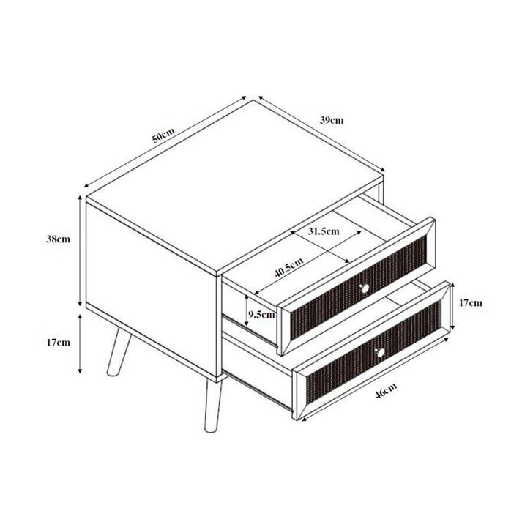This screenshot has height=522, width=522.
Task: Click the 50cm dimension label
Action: [x=163, y=135]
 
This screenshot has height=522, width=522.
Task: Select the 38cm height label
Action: [x=59, y=239]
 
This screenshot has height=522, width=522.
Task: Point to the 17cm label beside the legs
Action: [x=59, y=342]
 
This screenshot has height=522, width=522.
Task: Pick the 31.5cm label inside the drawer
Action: [x=323, y=231]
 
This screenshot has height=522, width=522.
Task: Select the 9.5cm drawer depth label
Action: [x=261, y=315]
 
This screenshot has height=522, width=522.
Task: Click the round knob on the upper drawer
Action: [x=364, y=288]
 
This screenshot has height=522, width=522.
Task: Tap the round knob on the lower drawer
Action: [x=379, y=354]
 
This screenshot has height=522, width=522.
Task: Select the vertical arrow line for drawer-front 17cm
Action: [x=454, y=302]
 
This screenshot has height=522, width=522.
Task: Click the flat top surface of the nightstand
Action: [x=234, y=187]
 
